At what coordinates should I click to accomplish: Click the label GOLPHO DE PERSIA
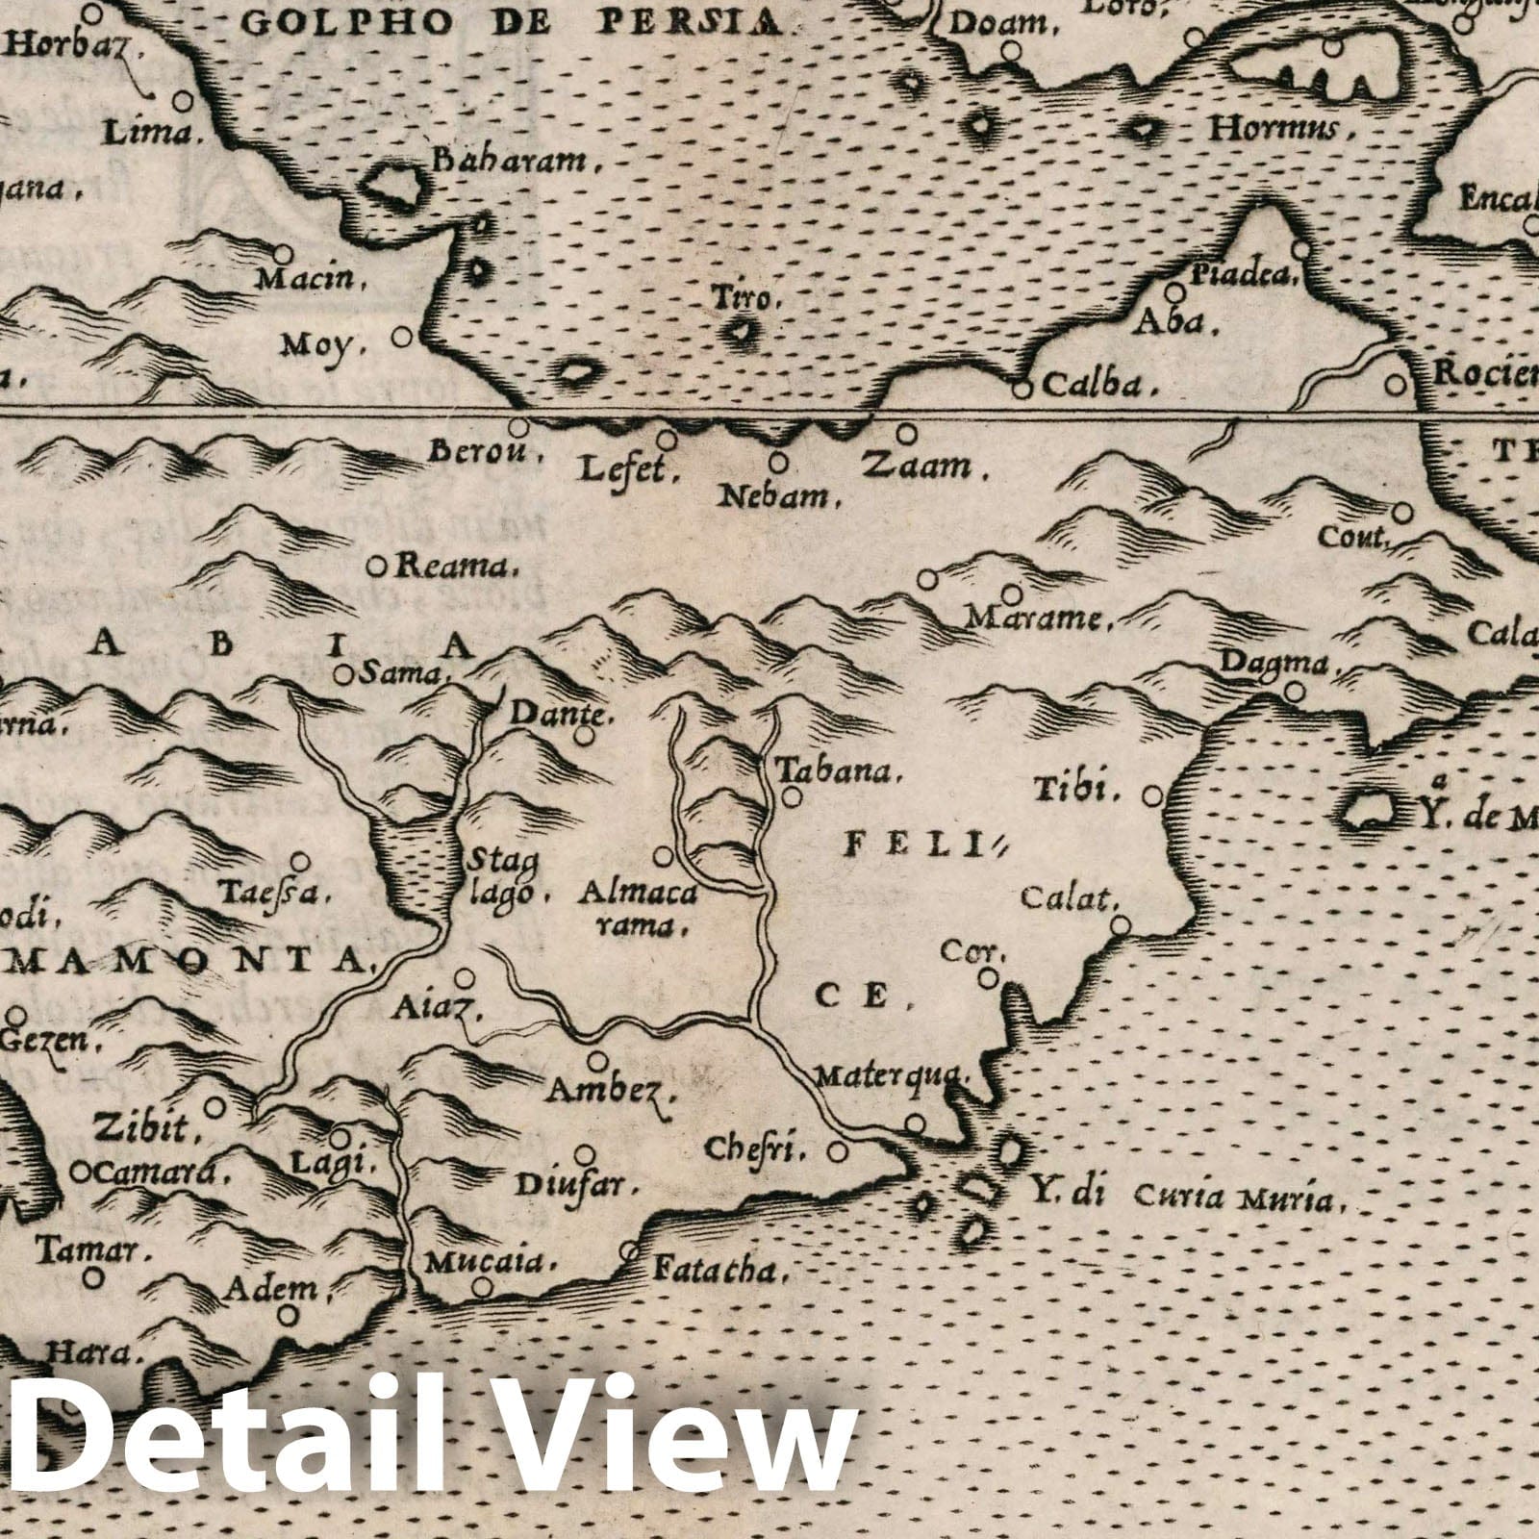coord(519,20)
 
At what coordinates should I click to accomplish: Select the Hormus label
coord(1274,129)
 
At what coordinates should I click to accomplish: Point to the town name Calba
coord(1097,385)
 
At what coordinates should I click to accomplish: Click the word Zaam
coord(916,467)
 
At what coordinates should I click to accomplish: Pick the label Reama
coord(444,568)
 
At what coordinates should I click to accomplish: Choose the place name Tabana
coord(837,771)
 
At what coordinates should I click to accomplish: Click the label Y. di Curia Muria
coord(1182,1198)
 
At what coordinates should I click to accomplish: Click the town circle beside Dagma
coord(1295,691)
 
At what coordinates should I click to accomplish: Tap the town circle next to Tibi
coord(1153,796)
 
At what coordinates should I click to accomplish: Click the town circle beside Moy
coord(403,338)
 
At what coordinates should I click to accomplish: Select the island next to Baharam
coord(394,185)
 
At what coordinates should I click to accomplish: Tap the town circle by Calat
coord(1120,925)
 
